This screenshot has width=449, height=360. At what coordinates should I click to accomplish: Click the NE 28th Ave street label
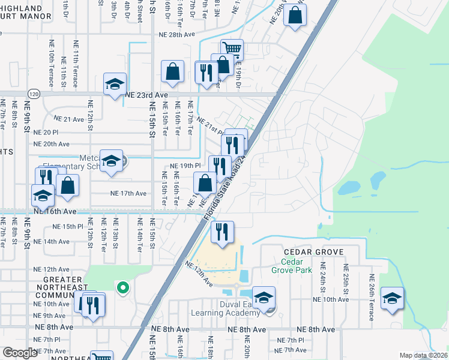coord(177,35)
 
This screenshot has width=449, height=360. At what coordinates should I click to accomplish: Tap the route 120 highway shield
coord(33,95)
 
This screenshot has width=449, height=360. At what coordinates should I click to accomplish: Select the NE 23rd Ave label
coord(146,95)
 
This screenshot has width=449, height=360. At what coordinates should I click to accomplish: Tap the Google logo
coord(19,353)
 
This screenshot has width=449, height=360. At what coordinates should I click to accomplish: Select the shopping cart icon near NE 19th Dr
coord(232,49)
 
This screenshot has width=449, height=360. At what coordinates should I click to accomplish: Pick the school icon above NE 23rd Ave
coord(114,83)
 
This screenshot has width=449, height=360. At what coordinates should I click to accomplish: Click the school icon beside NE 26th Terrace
coord(392,298)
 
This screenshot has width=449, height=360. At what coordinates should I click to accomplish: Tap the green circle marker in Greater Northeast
coord(122,288)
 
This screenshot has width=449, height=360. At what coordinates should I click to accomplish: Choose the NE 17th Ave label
coord(128,193)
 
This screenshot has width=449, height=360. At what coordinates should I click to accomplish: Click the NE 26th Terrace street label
coord(372,298)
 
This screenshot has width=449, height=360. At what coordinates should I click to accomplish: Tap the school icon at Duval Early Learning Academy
coord(264,296)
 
